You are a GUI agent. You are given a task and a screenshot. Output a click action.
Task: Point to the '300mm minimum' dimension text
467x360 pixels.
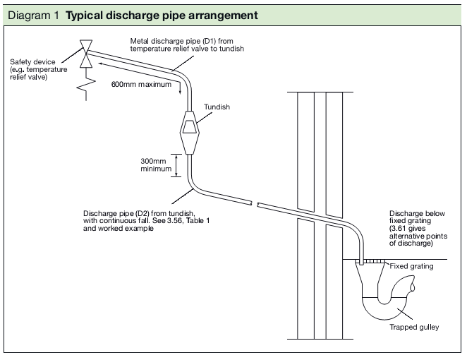pos(154,164)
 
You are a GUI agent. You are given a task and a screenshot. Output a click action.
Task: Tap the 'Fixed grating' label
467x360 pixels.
pos(412,266)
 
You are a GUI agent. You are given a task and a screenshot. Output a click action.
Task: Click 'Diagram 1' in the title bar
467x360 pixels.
pos(33,15)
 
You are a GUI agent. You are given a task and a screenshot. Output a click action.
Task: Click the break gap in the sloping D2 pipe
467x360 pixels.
pos(255,205)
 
